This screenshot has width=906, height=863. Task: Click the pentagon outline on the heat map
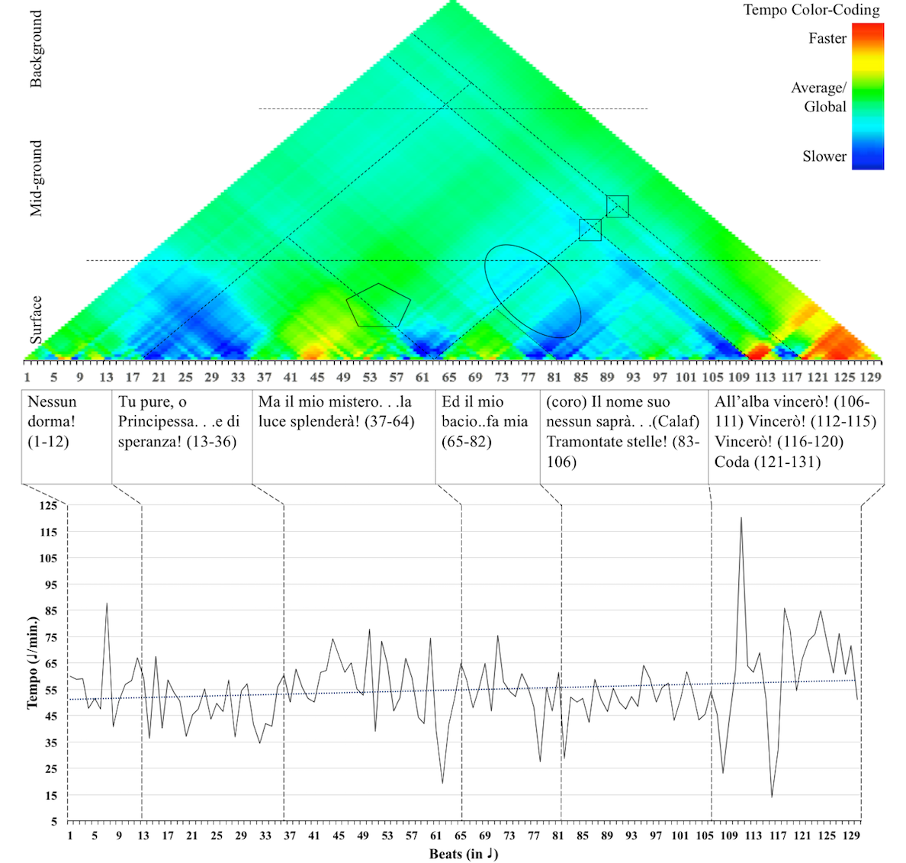pyautogui.click(x=378, y=305)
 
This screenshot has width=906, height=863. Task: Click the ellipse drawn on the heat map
pyautogui.click(x=533, y=291)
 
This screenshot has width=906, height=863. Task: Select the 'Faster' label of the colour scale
pyautogui.click(x=827, y=38)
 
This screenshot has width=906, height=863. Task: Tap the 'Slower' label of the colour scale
pyautogui.click(x=824, y=156)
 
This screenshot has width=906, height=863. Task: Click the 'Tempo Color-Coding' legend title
pyautogui.click(x=811, y=10)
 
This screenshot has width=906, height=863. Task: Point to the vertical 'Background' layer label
pyautogui.click(x=36, y=50)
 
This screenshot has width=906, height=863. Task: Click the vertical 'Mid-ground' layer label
pyautogui.click(x=36, y=179)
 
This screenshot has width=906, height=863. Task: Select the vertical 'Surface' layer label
pyautogui.click(x=36, y=320)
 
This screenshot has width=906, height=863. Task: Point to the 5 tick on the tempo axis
pyautogui.click(x=53, y=822)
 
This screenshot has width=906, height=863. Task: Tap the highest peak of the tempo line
pyautogui.click(x=741, y=519)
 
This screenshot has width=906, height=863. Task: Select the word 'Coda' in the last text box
pyautogui.click(x=732, y=462)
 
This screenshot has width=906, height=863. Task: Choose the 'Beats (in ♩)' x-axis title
pyautogui.click(x=463, y=854)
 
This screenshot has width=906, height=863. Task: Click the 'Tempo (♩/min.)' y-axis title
pyautogui.click(x=33, y=663)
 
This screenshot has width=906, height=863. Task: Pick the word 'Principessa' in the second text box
pyautogui.click(x=158, y=422)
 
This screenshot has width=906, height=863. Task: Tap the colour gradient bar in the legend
pyautogui.click(x=867, y=95)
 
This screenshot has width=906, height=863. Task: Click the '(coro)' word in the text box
pyautogui.click(x=567, y=402)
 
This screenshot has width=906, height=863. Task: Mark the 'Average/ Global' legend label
pyautogui.click(x=818, y=97)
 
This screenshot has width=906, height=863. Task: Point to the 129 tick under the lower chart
pyautogui.click(x=852, y=836)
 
